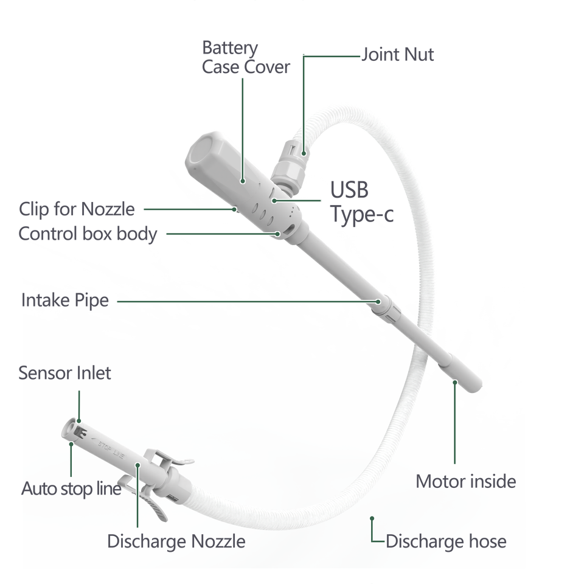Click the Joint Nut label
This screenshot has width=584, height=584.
click(398, 55)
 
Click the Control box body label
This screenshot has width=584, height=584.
click(88, 233)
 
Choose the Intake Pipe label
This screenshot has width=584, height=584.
click(65, 300)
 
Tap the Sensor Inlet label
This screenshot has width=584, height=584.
click(64, 373)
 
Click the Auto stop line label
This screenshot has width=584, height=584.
click(71, 488)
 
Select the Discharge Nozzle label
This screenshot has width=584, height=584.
click(176, 540)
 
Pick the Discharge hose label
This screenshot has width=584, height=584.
click(446, 540)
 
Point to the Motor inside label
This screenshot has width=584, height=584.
click(466, 481)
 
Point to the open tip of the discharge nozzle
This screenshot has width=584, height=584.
click(72, 428)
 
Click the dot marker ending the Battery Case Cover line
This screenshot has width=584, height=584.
click(243, 180)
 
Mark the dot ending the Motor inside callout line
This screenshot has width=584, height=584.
click(454, 382)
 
